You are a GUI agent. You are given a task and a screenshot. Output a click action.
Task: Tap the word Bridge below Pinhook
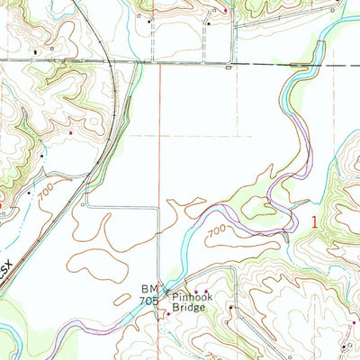tap(189, 307)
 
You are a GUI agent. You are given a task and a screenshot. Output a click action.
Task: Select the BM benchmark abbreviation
tap(148, 290)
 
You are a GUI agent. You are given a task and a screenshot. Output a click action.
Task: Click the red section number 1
tap(315, 220)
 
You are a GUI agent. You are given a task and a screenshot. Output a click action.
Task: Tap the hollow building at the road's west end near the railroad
tap(83, 205)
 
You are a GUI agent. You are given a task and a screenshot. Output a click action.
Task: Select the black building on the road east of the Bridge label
tap(230, 308)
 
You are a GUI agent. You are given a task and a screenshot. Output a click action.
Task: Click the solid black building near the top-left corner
tap(36, 52)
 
